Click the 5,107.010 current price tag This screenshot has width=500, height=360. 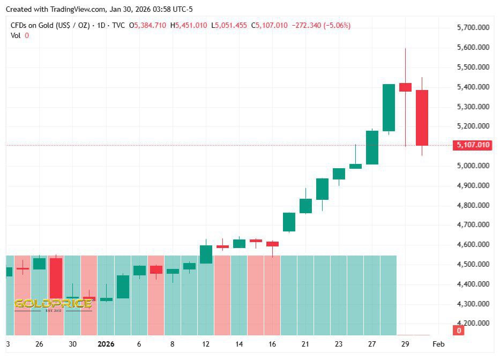click(472, 145)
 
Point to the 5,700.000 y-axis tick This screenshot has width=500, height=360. click(472, 28)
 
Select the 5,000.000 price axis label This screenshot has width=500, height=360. click(472, 166)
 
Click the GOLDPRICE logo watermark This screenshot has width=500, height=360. click(53, 304)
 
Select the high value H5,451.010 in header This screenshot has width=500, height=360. click(189, 25)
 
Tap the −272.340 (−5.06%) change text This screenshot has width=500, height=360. click(320, 25)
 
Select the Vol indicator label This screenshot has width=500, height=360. click(16, 35)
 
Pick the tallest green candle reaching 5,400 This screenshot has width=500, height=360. click(389, 108)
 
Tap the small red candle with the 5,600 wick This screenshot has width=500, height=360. click(405, 87)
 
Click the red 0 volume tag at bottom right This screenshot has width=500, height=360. click(459, 331)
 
